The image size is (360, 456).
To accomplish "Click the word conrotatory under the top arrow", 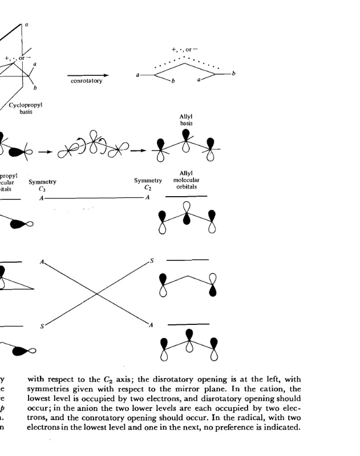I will [86, 82].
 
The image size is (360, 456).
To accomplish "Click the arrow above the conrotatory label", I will [88, 75].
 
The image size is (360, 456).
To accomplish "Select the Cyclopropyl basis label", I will [26, 108].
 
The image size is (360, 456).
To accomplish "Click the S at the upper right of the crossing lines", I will [152, 260].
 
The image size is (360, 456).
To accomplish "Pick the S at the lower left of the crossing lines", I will [42, 326].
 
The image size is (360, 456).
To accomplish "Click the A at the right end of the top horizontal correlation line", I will [147, 197].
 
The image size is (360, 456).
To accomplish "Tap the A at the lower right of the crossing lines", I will [151, 325].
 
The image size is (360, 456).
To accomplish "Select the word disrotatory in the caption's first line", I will [157, 380].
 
